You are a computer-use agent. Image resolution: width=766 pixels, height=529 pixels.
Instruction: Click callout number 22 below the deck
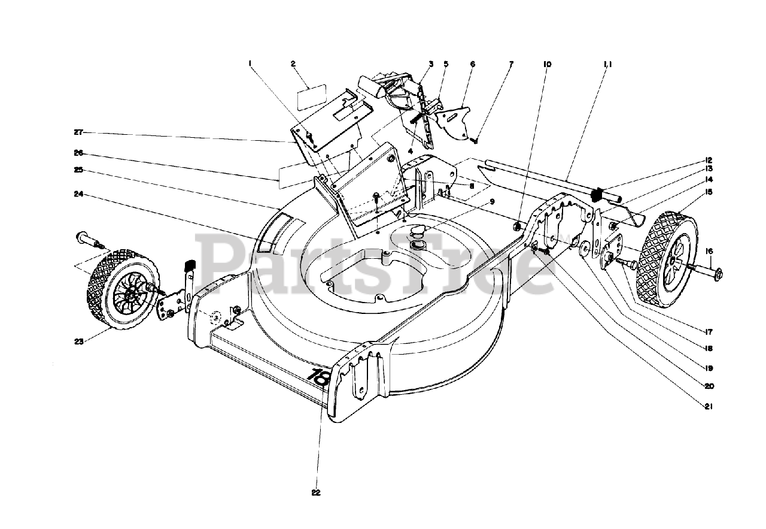316,493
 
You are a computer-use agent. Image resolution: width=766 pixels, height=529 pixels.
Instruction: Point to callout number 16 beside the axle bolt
709,252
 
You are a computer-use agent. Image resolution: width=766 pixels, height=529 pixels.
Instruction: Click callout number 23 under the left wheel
78,341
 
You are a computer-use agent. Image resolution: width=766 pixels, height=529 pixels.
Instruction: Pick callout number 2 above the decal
293,64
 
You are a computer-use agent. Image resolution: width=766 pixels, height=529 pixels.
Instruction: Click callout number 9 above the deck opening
492,202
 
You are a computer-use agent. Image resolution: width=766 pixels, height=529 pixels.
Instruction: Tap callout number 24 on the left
78,194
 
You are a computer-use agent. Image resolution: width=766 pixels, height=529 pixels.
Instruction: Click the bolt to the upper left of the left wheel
84,239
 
